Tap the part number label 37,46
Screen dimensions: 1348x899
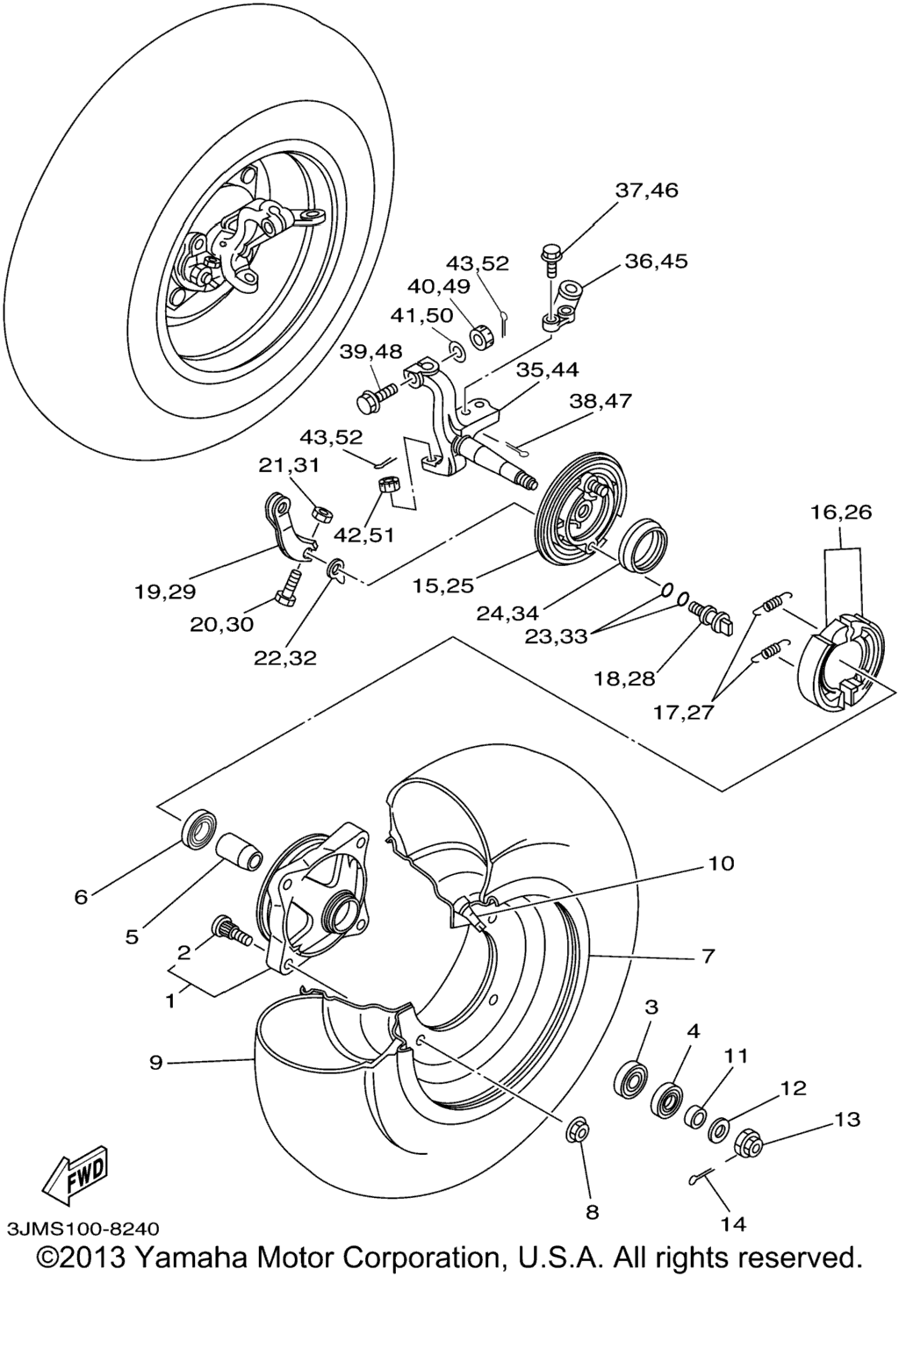coord(647,190)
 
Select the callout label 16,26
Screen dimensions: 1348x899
coord(841,512)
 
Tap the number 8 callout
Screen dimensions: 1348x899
coord(592,1212)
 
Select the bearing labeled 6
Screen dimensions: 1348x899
coord(200,828)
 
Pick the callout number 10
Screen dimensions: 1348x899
coord(722,864)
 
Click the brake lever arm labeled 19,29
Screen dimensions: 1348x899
coord(285,527)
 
